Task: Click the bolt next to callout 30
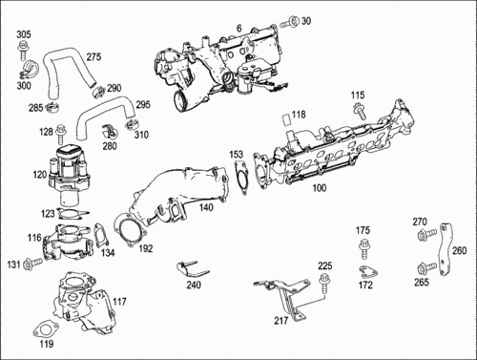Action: pos(290,22)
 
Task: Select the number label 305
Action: pos(24,34)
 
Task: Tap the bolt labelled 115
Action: pos(360,110)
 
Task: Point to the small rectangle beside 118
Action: pos(287,119)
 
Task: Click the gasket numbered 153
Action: pos(241,177)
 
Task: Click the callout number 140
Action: pos(206,207)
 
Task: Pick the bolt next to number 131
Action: pos(32,263)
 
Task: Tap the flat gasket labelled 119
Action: pos(45,329)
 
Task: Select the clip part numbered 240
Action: pos(191,270)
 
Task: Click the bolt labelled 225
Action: pos(324,283)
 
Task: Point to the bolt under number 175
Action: pos(363,248)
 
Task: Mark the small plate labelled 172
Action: pos(368,271)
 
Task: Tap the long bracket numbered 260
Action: pos(445,250)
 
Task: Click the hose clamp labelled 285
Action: pos(52,108)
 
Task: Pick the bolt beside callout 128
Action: pos(59,135)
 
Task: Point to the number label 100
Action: pos(320,188)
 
